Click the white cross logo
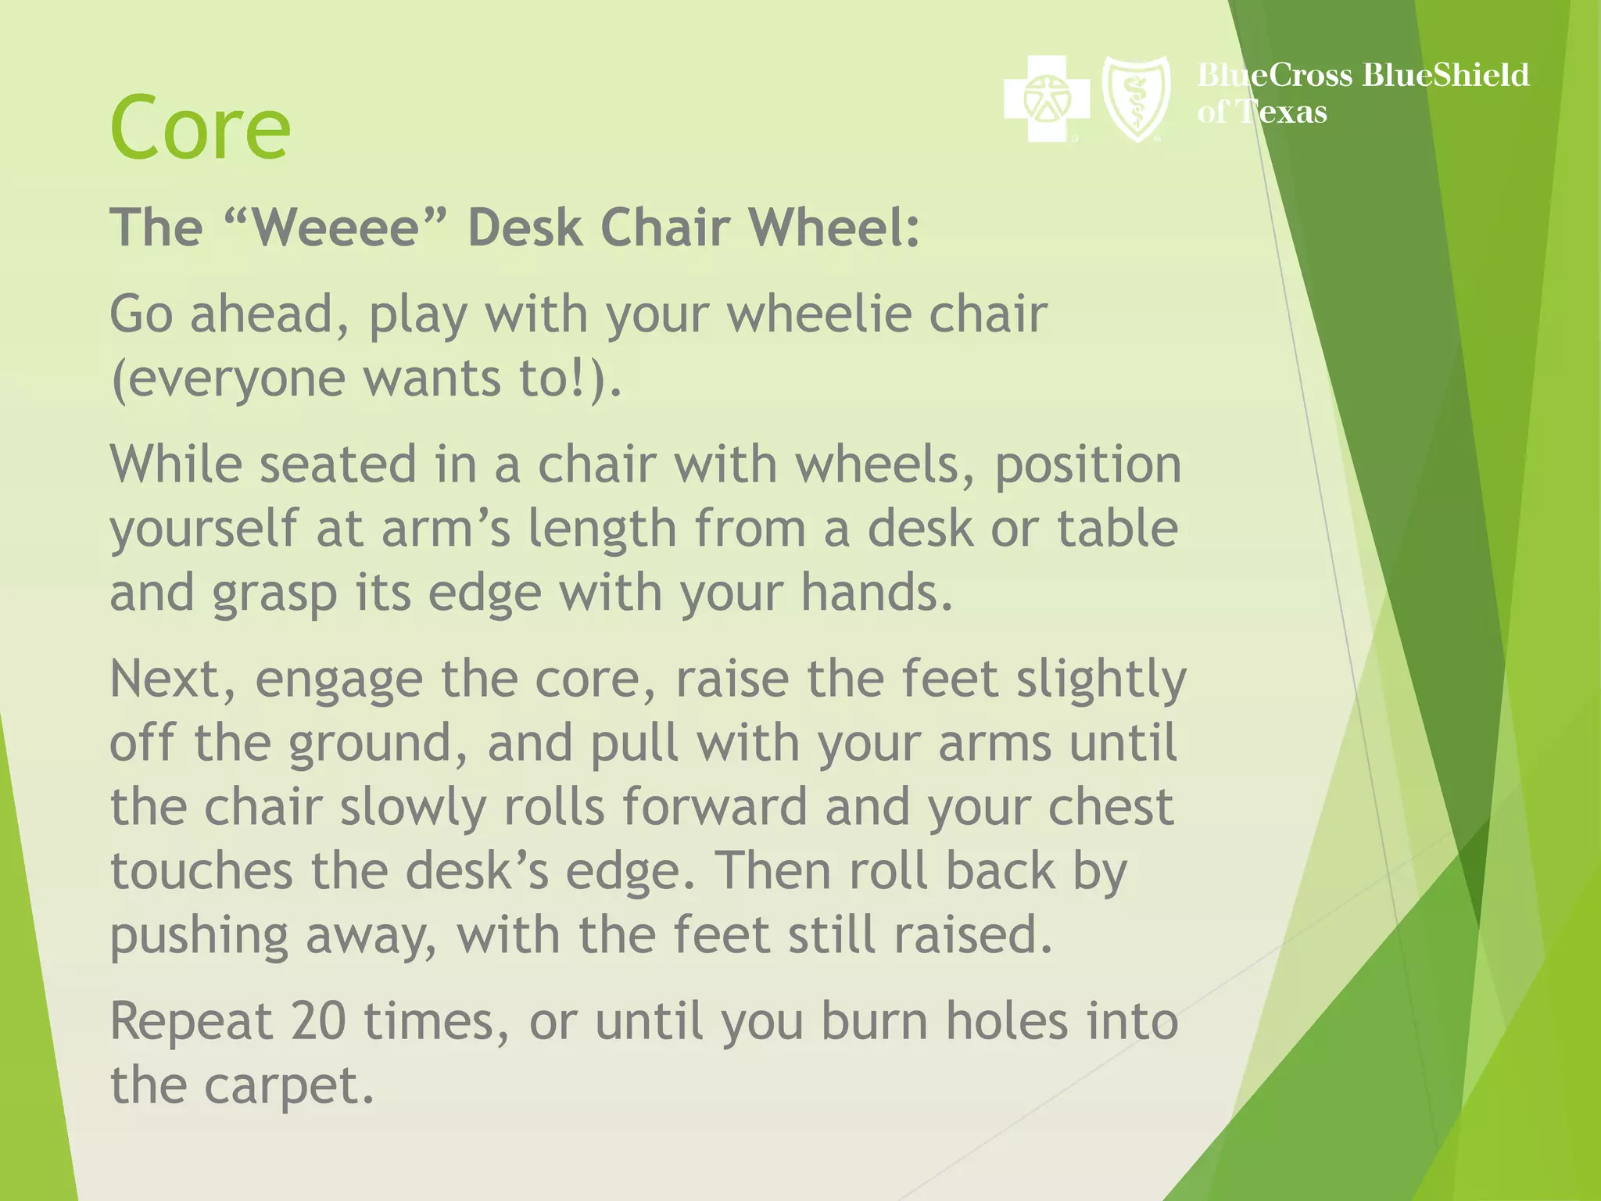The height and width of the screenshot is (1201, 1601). pos(1046,99)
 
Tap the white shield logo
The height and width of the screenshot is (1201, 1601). pos(1136,99)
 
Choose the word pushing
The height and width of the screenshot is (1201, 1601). pos(199,936)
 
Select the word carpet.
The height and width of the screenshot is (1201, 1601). pos(289,1085)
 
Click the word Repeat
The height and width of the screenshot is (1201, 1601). pos(192,1021)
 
